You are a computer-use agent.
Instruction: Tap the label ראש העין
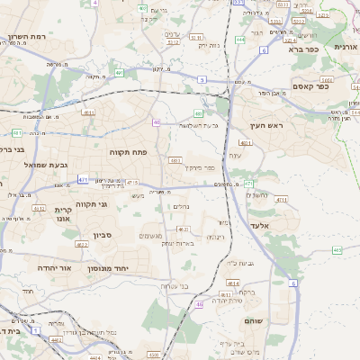[x=267, y=126]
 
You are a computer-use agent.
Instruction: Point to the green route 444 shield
[x=240, y=40]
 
